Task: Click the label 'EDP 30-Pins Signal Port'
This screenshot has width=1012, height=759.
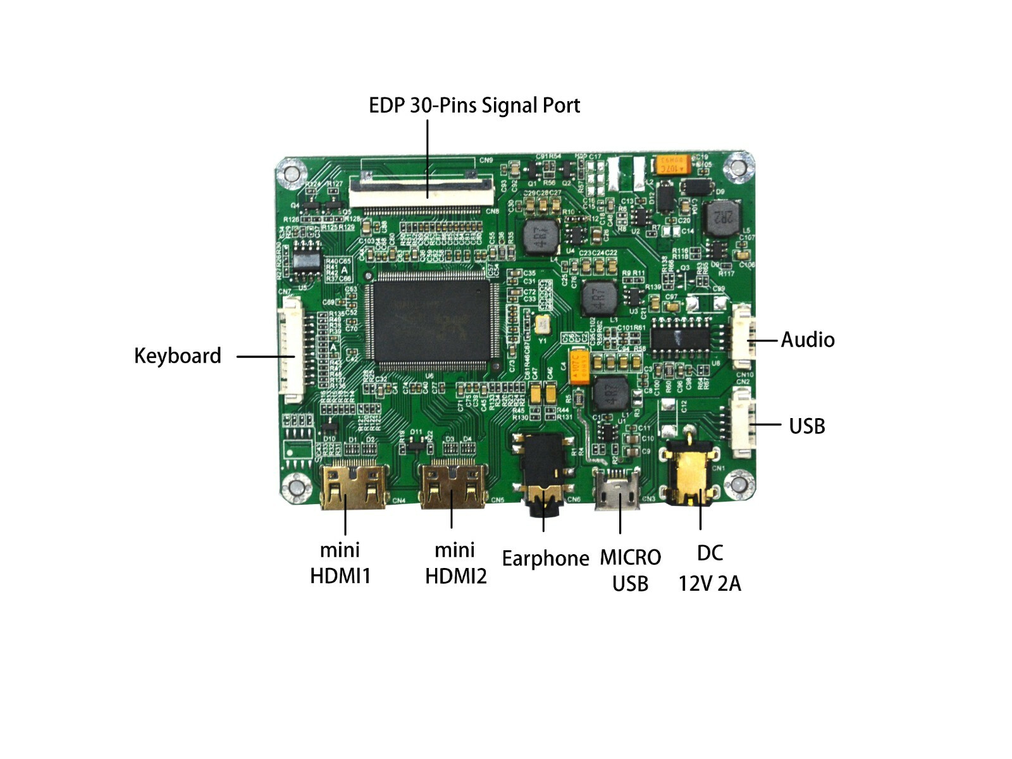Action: tap(474, 105)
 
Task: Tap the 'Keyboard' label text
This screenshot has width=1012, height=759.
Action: tap(177, 355)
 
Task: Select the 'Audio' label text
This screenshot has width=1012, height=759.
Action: tap(807, 340)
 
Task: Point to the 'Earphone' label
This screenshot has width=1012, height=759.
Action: tap(545, 558)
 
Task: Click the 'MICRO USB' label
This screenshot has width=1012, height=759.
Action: tap(630, 570)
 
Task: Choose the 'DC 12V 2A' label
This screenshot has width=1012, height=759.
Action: tap(710, 568)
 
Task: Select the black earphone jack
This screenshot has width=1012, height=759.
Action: tap(543, 471)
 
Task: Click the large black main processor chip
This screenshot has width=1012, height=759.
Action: tap(433, 321)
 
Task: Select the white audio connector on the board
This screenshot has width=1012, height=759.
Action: tap(743, 336)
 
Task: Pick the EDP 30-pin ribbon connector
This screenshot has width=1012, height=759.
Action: tap(422, 190)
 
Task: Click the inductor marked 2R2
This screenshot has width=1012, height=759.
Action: tap(722, 218)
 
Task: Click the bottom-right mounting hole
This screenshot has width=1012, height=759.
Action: tap(737, 485)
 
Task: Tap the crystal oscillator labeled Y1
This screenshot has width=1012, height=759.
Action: tap(542, 324)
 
